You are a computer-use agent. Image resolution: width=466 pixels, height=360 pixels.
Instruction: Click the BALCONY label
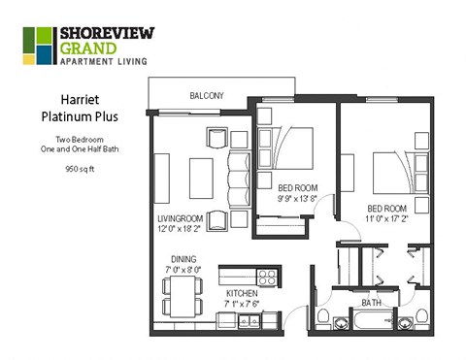click(206, 95)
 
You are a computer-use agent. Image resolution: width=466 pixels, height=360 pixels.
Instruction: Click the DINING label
click(183, 259)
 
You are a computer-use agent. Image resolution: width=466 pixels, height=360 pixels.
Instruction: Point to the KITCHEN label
click(243, 292)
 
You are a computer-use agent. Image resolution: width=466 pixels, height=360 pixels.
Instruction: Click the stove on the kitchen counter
click(269, 275)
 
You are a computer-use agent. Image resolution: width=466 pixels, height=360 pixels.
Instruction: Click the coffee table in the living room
click(201, 178)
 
